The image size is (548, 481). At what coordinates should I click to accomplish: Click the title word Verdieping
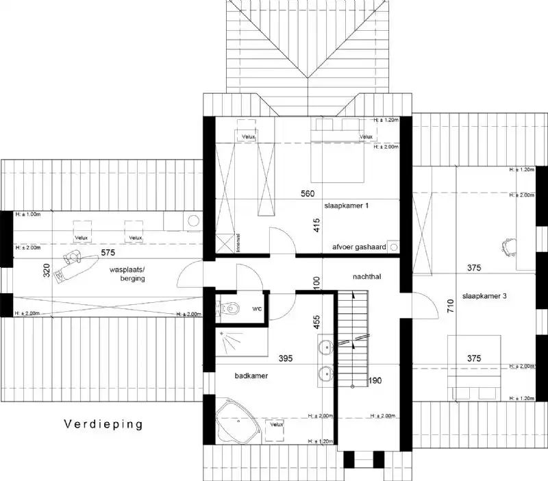103,424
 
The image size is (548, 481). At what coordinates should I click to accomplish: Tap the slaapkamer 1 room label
347,205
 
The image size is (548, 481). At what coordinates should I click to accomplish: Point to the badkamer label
251,376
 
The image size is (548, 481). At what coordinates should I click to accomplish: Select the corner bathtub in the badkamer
237,423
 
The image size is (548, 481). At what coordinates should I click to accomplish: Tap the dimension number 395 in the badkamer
287,358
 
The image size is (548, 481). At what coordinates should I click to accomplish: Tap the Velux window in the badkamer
276,425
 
